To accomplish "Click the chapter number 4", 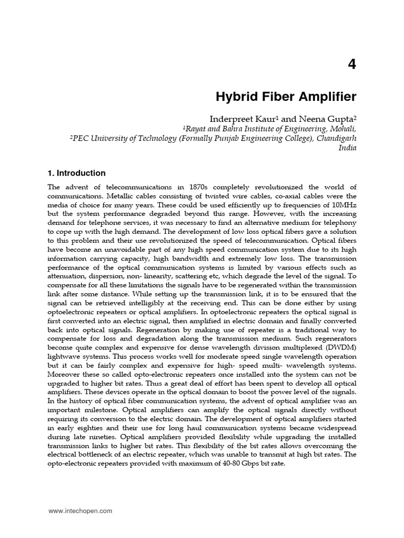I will point(351,65).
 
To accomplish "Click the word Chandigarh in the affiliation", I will point(336,138).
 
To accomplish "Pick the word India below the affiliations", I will point(348,148).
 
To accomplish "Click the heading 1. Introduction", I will point(77,173).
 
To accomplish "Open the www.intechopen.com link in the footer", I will point(80,511).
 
